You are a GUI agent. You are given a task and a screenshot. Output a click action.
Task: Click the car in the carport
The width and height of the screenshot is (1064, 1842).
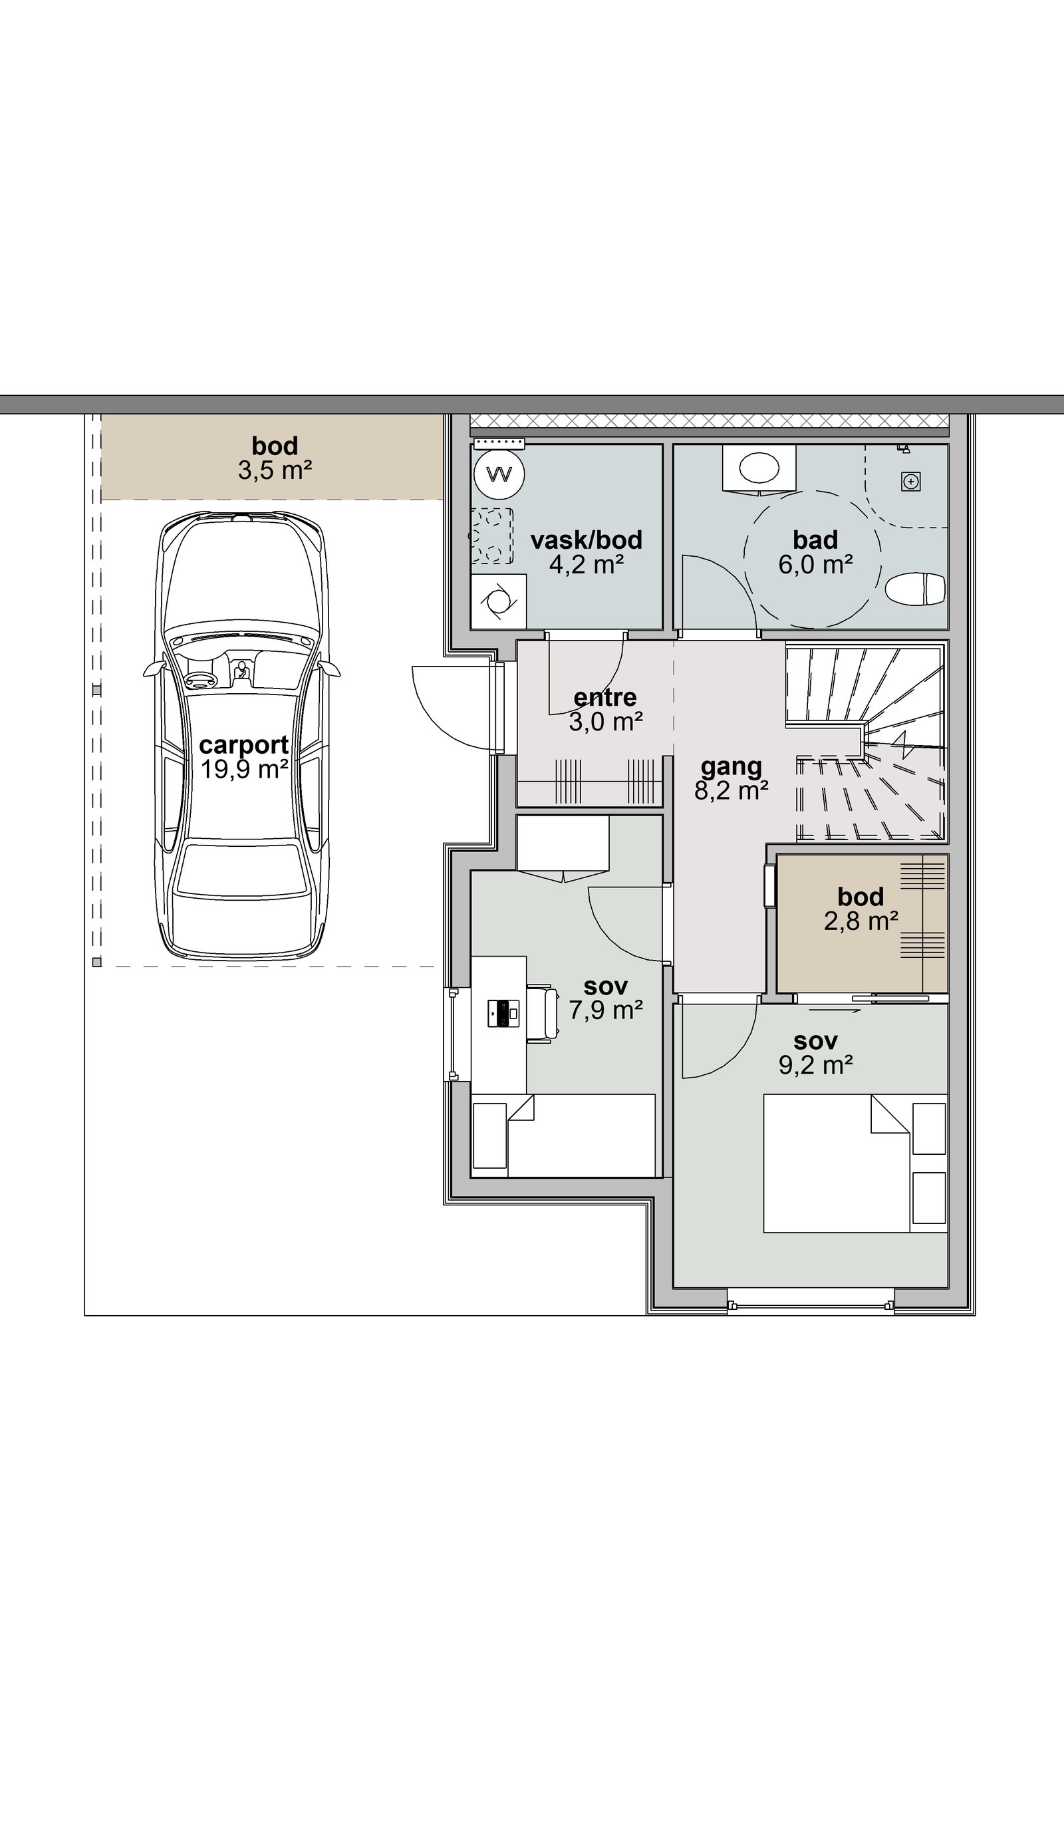[241, 735]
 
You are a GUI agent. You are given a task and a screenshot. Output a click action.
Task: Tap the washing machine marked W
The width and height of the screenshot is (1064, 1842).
[500, 474]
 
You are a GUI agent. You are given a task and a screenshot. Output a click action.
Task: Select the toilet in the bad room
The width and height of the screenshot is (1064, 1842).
[916, 589]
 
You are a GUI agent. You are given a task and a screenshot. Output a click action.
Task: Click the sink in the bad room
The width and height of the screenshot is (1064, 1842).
[759, 468]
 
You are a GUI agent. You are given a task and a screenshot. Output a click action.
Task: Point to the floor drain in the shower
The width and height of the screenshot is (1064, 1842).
[910, 482]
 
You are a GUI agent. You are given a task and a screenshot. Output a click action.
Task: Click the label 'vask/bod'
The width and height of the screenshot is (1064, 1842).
[586, 540]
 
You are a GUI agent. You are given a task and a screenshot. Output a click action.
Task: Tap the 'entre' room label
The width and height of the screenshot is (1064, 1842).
[605, 697]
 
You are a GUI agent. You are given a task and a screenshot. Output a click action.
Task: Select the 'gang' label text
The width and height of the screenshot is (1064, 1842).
[731, 767]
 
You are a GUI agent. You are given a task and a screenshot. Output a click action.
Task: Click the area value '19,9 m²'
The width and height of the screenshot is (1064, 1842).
[244, 769]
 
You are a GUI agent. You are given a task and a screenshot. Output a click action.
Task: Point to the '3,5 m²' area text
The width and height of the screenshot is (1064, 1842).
[275, 470]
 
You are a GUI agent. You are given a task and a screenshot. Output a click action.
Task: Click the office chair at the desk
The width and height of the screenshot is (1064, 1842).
[542, 1012]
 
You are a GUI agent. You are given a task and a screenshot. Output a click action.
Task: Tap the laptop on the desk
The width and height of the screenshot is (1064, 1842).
[503, 1013]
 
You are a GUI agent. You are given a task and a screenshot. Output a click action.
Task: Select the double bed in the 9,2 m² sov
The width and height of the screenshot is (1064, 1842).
[855, 1163]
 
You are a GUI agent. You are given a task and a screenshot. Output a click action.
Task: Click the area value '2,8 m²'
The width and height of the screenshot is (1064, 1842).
[861, 921]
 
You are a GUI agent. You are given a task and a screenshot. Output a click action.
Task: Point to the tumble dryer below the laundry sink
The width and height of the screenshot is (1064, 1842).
[498, 601]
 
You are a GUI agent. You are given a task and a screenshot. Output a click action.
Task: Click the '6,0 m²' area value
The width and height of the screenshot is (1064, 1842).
[815, 564]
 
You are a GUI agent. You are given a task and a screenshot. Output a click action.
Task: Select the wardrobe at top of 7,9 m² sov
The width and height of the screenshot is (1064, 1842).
[563, 846]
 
